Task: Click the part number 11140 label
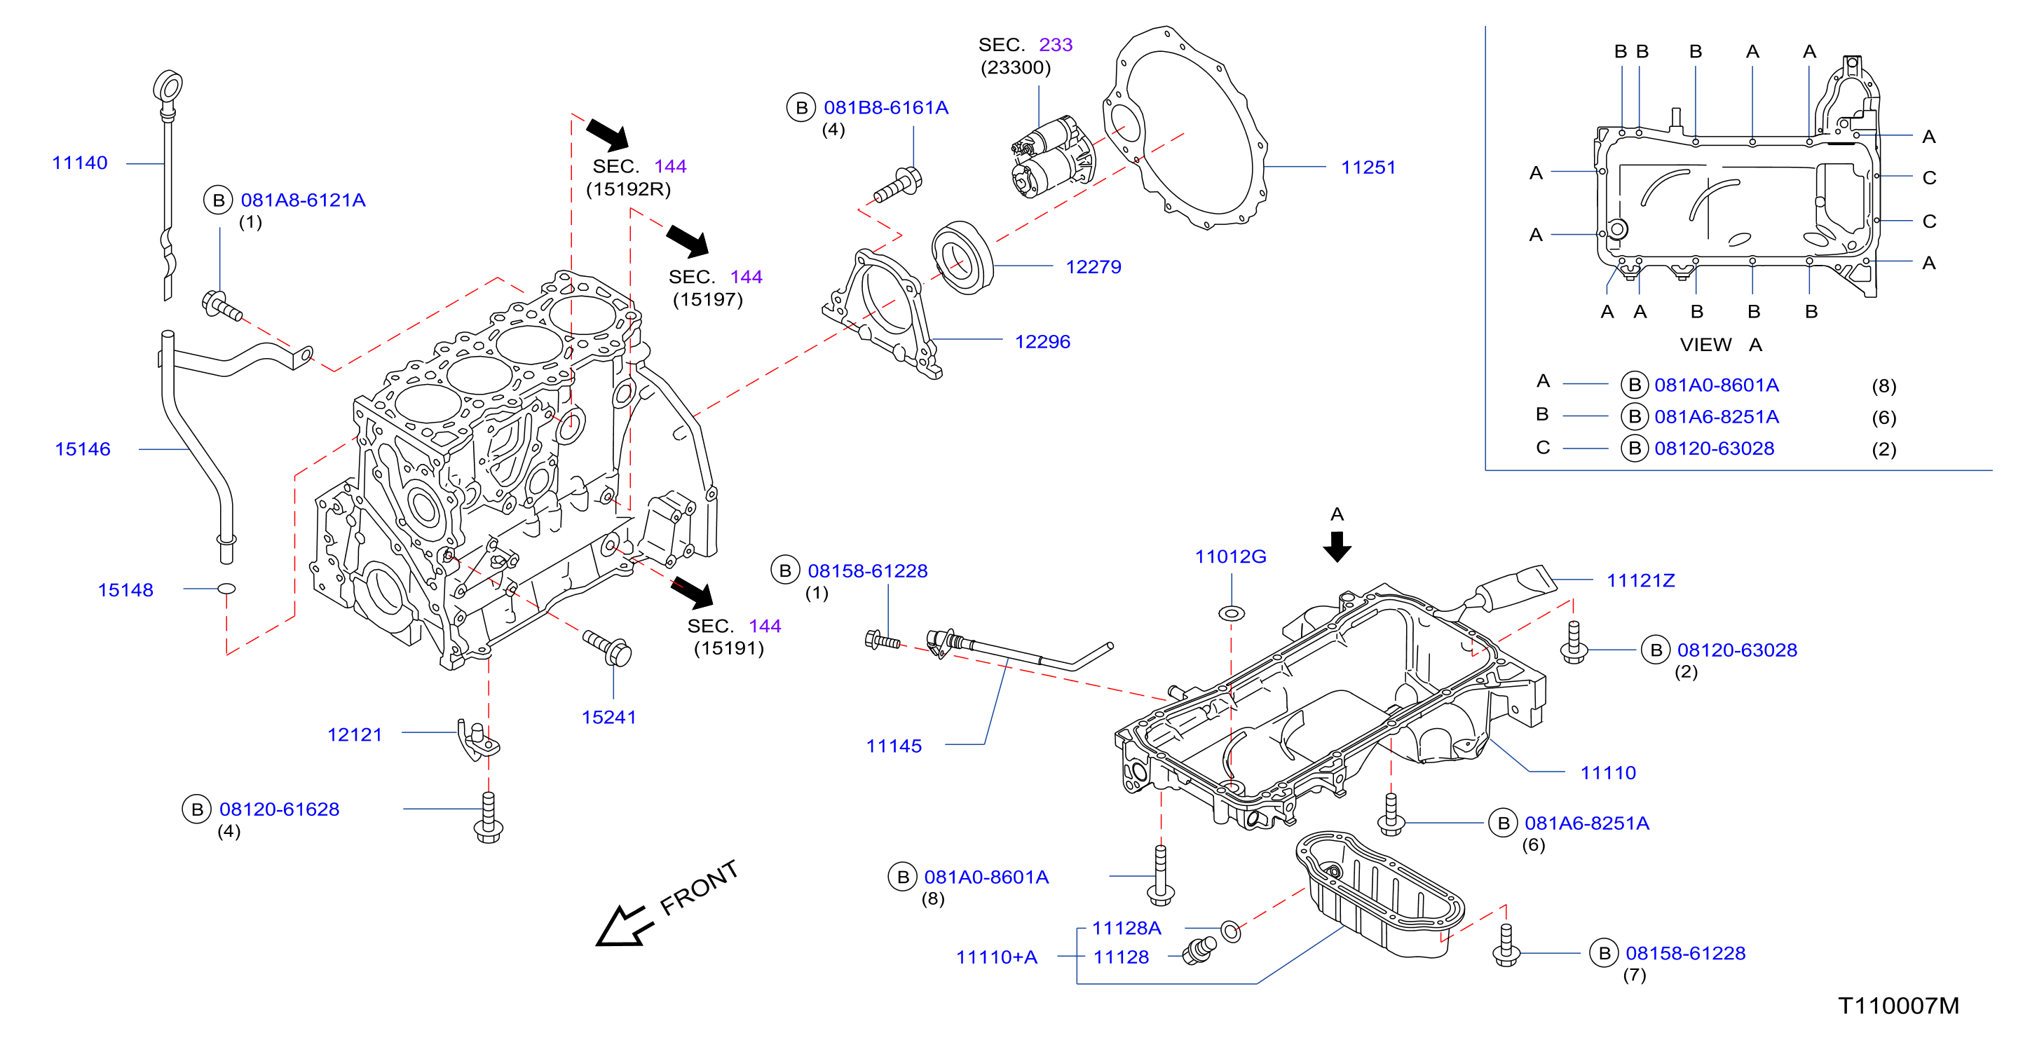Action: (x=79, y=163)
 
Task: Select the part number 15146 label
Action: (x=83, y=449)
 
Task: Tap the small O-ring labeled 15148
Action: (x=226, y=589)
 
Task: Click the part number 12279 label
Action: (x=1093, y=266)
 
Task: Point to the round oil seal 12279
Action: (x=962, y=258)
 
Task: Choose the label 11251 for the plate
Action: (x=1368, y=167)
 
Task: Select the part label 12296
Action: (x=1042, y=342)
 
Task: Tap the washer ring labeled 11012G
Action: (x=1232, y=613)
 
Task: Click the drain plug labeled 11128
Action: (x=1199, y=950)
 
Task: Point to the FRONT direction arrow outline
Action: (x=624, y=925)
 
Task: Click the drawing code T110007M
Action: (x=1898, y=1006)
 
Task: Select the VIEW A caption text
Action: (x=1721, y=345)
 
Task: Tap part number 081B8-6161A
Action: (x=886, y=108)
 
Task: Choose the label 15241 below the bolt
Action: (x=608, y=717)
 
